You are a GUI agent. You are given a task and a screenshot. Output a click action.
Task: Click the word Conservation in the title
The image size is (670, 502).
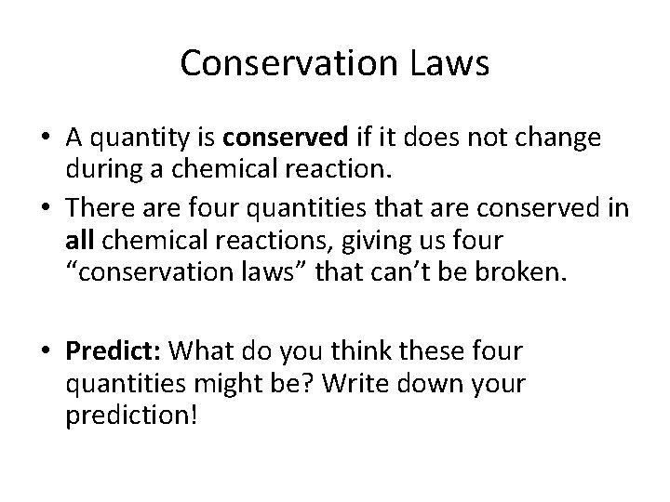click(x=279, y=62)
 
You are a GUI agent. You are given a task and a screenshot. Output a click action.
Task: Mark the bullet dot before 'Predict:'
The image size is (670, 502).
click(x=45, y=353)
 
